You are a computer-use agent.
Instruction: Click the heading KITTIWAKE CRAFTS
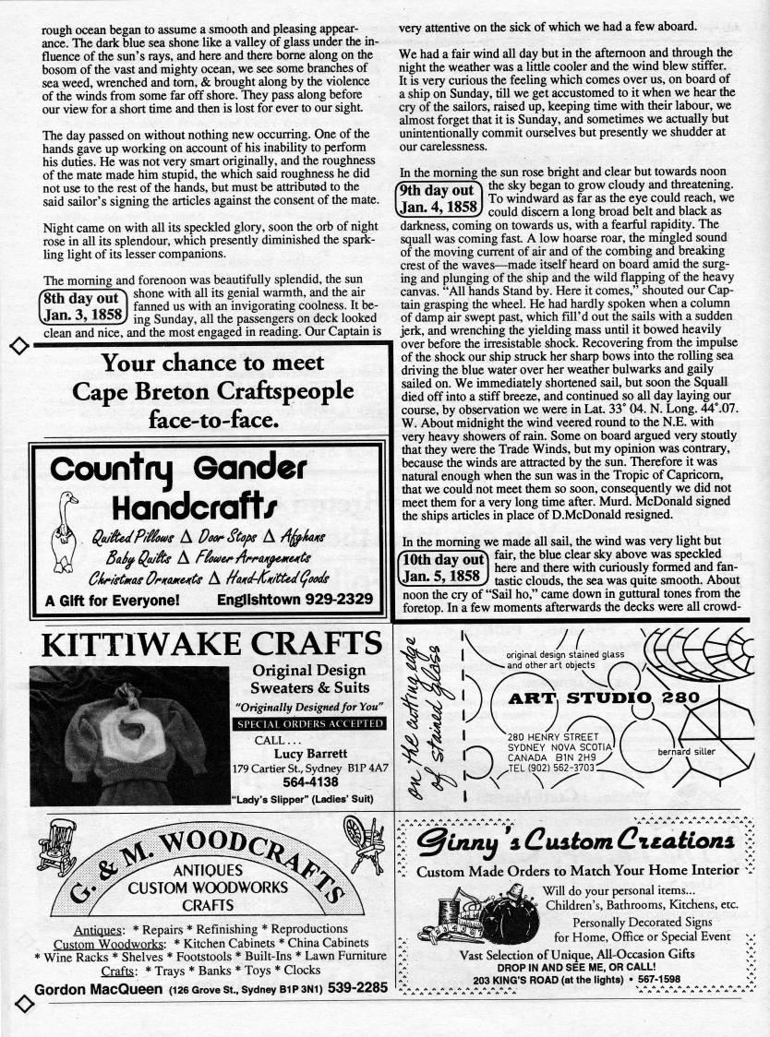207,644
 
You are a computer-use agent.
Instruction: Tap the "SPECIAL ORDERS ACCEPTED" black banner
310,724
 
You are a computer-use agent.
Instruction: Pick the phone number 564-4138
310,781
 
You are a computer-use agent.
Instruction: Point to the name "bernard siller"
686,752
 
